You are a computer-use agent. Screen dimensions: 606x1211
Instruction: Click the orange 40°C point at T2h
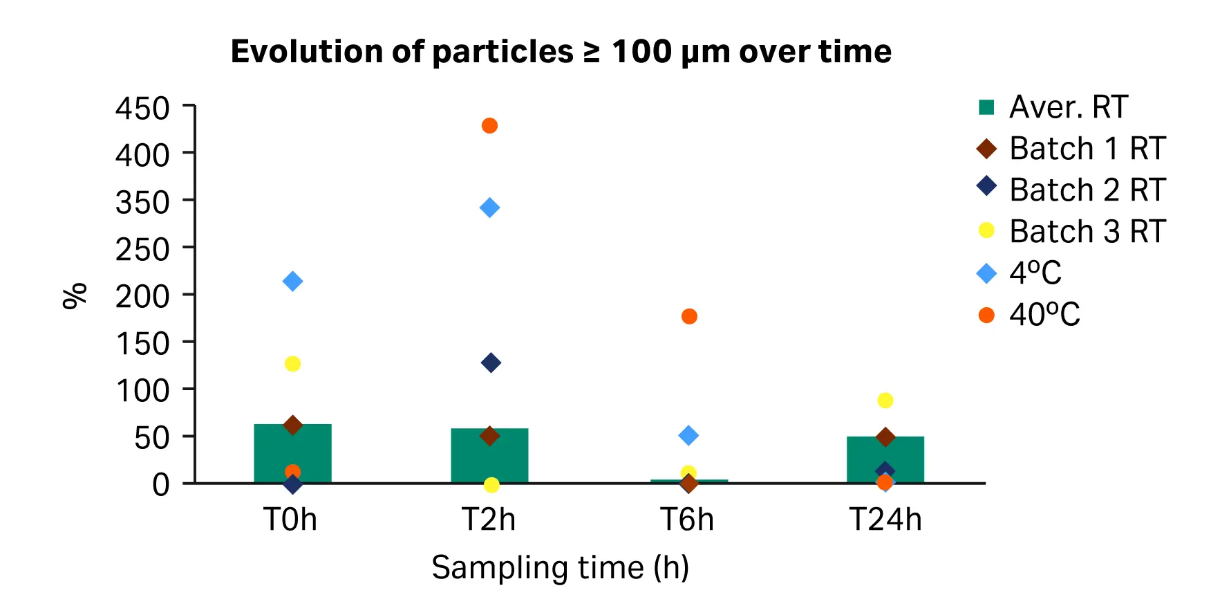tap(489, 126)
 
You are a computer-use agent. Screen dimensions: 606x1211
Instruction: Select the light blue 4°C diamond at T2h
tap(489, 208)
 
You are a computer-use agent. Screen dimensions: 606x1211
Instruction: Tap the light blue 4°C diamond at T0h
tap(292, 282)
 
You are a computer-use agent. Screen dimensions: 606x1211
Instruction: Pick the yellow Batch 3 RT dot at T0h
tap(292, 364)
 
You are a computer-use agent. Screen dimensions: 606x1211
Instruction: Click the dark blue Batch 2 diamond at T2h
tap(491, 362)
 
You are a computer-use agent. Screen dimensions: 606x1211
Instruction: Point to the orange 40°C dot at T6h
tap(689, 316)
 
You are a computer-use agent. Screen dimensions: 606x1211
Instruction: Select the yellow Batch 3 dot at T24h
tap(885, 401)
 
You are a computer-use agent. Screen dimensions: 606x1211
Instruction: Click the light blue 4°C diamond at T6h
tap(688, 436)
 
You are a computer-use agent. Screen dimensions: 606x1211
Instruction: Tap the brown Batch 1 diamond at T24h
tap(885, 437)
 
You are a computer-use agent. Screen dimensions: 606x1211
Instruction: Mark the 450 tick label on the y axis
tap(142, 109)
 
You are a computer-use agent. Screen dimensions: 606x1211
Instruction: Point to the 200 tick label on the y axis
tap(142, 297)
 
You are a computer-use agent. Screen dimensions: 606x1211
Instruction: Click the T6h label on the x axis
tap(687, 520)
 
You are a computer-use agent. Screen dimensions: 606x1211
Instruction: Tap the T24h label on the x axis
tap(885, 520)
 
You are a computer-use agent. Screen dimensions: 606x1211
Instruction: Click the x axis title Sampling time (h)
tap(561, 568)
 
